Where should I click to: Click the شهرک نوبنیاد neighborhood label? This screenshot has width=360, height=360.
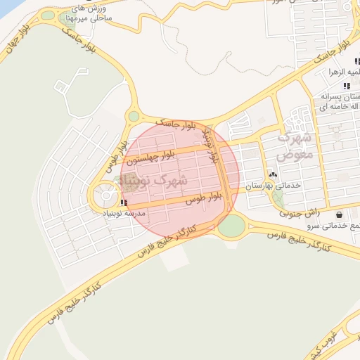tap(154, 181)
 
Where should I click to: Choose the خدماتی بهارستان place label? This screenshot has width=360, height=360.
tap(274, 185)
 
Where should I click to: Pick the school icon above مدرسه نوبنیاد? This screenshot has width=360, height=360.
tap(124, 202)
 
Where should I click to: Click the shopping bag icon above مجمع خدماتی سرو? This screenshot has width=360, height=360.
tap(340, 214)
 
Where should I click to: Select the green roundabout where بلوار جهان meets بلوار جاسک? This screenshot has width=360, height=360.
tap(134, 116)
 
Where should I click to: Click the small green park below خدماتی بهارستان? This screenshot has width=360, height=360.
tap(279, 199)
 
